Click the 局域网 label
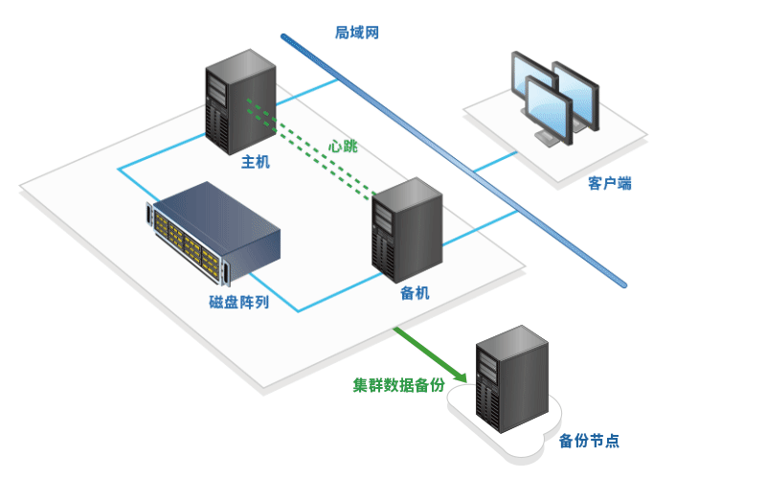click(x=357, y=33)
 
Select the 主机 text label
click(x=256, y=162)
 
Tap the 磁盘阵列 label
click(x=239, y=303)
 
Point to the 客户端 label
click(x=609, y=183)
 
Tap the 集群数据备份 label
click(x=398, y=385)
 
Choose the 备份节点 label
click(x=588, y=441)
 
